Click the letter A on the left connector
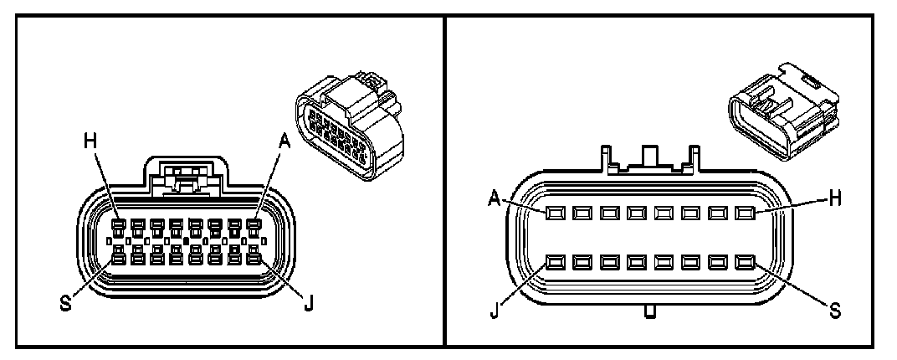pos(284,142)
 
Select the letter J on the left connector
pos(308,303)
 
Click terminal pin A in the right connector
pos(554,213)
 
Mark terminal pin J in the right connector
pos(554,264)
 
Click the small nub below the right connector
pos(649,313)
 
